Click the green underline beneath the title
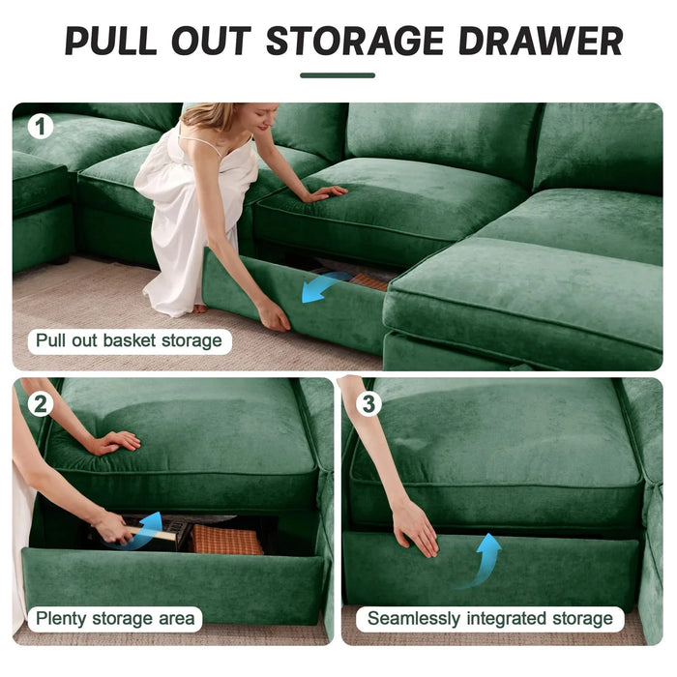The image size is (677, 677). click(338, 75)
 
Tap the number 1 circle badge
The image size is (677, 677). click(40, 127)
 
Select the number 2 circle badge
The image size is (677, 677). click(40, 403)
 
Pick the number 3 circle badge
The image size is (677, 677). click(368, 403)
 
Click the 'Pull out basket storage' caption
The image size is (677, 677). click(129, 340)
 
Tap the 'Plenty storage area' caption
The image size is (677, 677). click(115, 618)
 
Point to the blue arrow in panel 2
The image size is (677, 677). click(148, 528)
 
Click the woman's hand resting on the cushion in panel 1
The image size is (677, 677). click(325, 192)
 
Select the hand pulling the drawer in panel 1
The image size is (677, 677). click(273, 315)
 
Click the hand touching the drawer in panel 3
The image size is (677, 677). click(415, 528)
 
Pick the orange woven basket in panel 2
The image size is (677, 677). click(226, 539)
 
